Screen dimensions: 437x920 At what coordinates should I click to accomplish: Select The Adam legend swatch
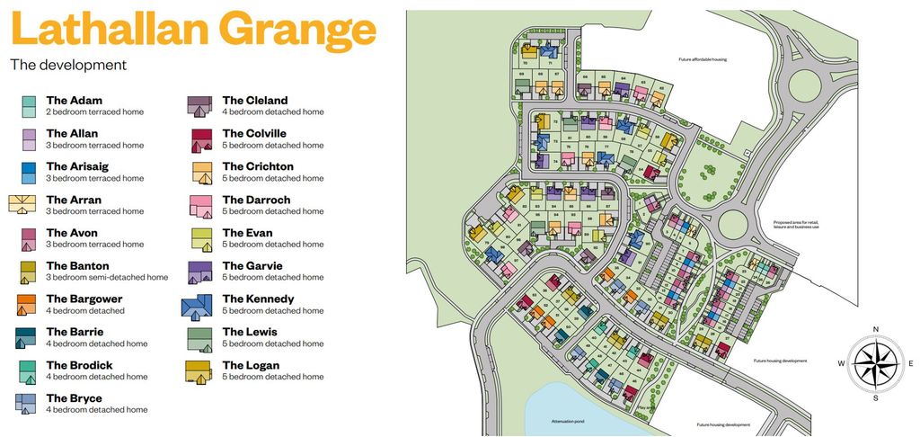click(29, 107)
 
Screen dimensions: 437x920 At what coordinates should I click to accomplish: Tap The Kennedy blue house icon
click(198, 306)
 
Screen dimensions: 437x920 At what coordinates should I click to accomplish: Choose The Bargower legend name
click(84, 299)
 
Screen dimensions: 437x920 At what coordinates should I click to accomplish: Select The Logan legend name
click(251, 365)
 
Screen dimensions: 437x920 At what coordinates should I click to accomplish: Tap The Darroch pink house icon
click(200, 206)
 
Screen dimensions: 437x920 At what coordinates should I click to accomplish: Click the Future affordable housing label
click(703, 60)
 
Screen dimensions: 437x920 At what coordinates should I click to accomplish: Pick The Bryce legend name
click(74, 398)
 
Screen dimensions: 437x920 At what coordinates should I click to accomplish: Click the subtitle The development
click(68, 65)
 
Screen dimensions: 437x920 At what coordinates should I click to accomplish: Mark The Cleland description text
click(273, 112)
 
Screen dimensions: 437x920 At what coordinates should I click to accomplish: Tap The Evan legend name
click(246, 232)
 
